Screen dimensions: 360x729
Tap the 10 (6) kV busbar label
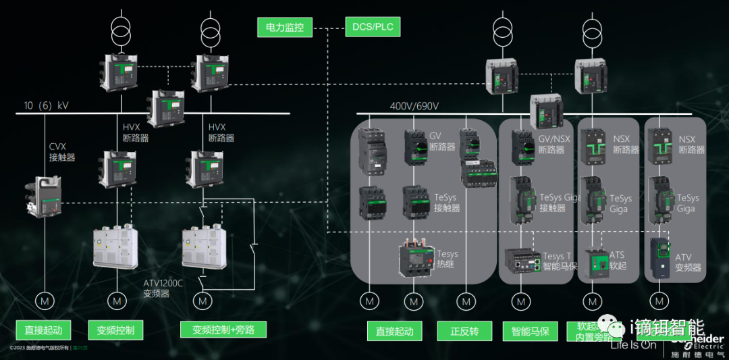click(x=46, y=106)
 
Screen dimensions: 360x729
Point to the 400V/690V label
click(x=414, y=106)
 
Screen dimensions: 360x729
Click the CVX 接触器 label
click(x=61, y=152)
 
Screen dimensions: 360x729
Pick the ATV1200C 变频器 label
click(x=163, y=288)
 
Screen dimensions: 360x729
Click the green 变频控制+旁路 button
click(x=223, y=330)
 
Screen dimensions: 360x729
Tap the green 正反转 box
click(x=464, y=331)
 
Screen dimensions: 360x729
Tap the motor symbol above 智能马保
click(x=520, y=300)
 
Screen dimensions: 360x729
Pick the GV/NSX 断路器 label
click(x=553, y=144)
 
